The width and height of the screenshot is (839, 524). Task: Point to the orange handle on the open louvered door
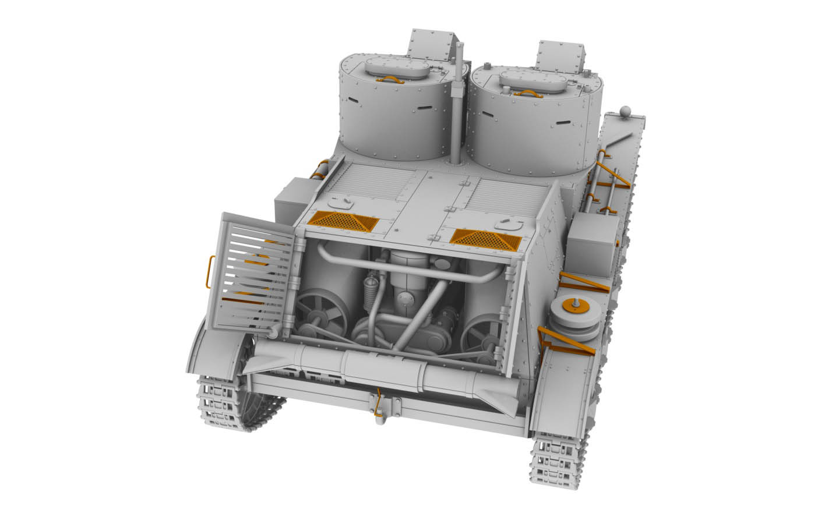211,271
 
